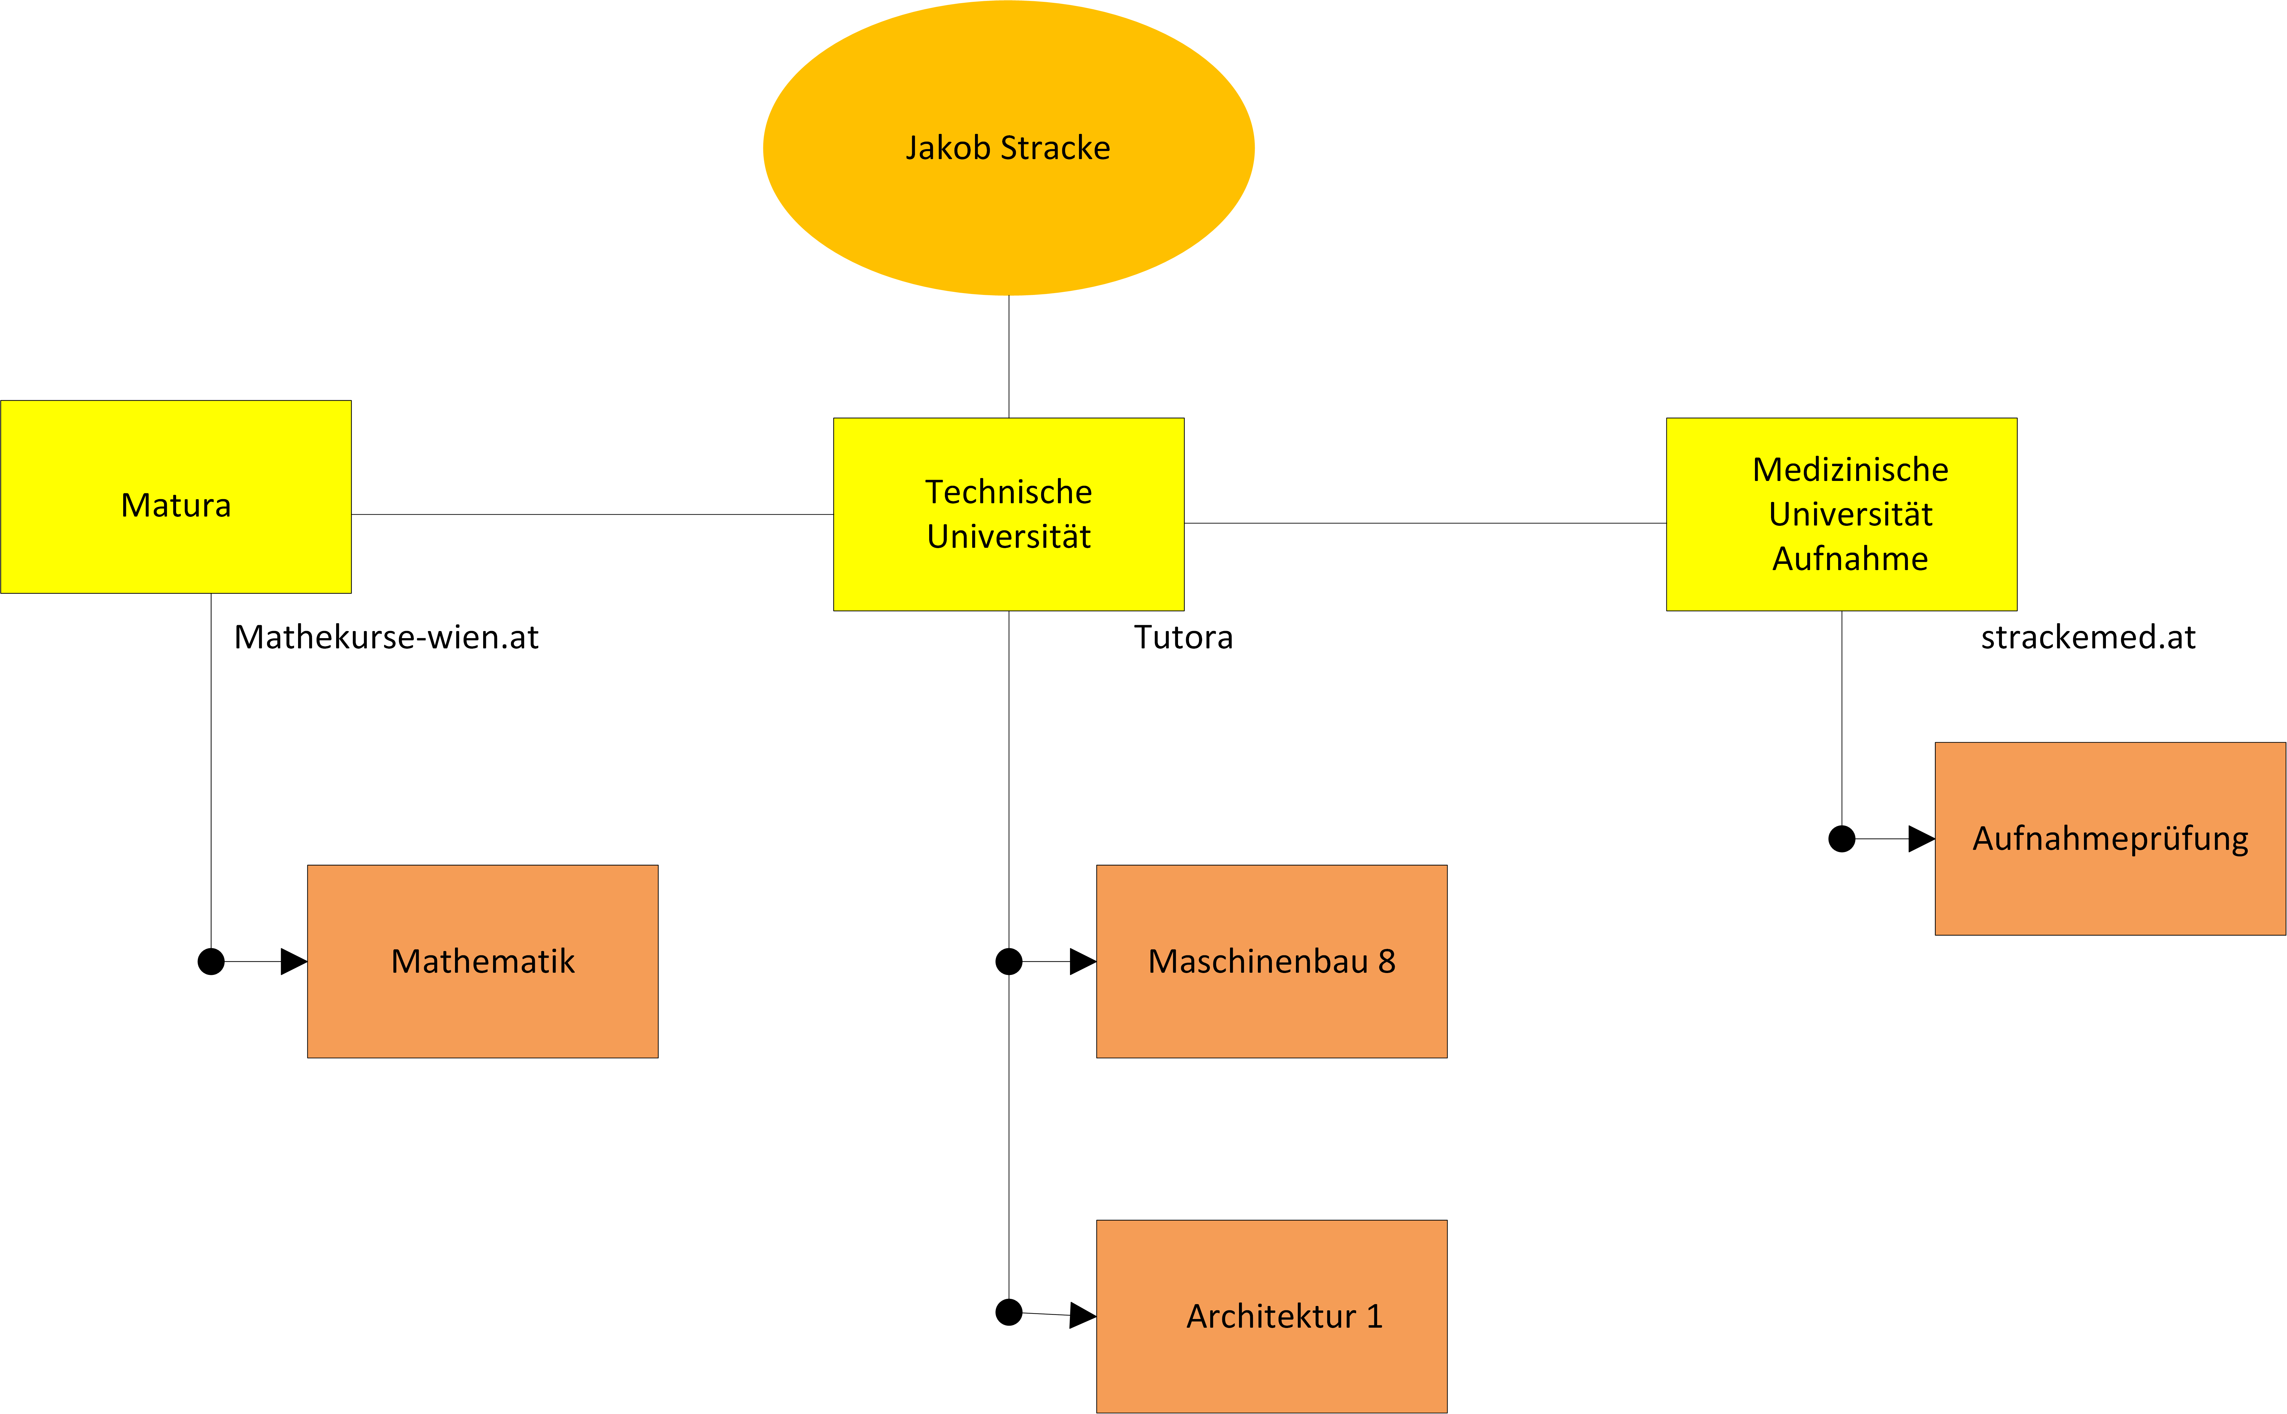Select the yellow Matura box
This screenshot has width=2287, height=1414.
[176, 497]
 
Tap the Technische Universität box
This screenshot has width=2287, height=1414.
[1009, 514]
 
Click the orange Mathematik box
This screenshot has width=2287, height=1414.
[483, 961]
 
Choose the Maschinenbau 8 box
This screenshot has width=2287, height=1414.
[1271, 961]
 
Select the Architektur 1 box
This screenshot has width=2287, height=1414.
[1271, 1316]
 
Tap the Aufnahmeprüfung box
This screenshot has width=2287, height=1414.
[2110, 839]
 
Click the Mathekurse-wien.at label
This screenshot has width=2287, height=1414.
[386, 637]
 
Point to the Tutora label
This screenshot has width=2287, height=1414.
[1184, 637]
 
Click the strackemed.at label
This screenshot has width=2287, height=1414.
[2088, 637]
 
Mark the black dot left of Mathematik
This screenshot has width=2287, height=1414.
[211, 961]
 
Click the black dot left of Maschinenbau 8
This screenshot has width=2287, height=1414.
[1009, 961]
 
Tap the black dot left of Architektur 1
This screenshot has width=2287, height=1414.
[1009, 1312]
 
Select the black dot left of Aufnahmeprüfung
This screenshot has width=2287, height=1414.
[1842, 839]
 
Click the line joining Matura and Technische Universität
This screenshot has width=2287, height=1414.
[592, 514]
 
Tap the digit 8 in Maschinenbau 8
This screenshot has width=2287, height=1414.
[1387, 961]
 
